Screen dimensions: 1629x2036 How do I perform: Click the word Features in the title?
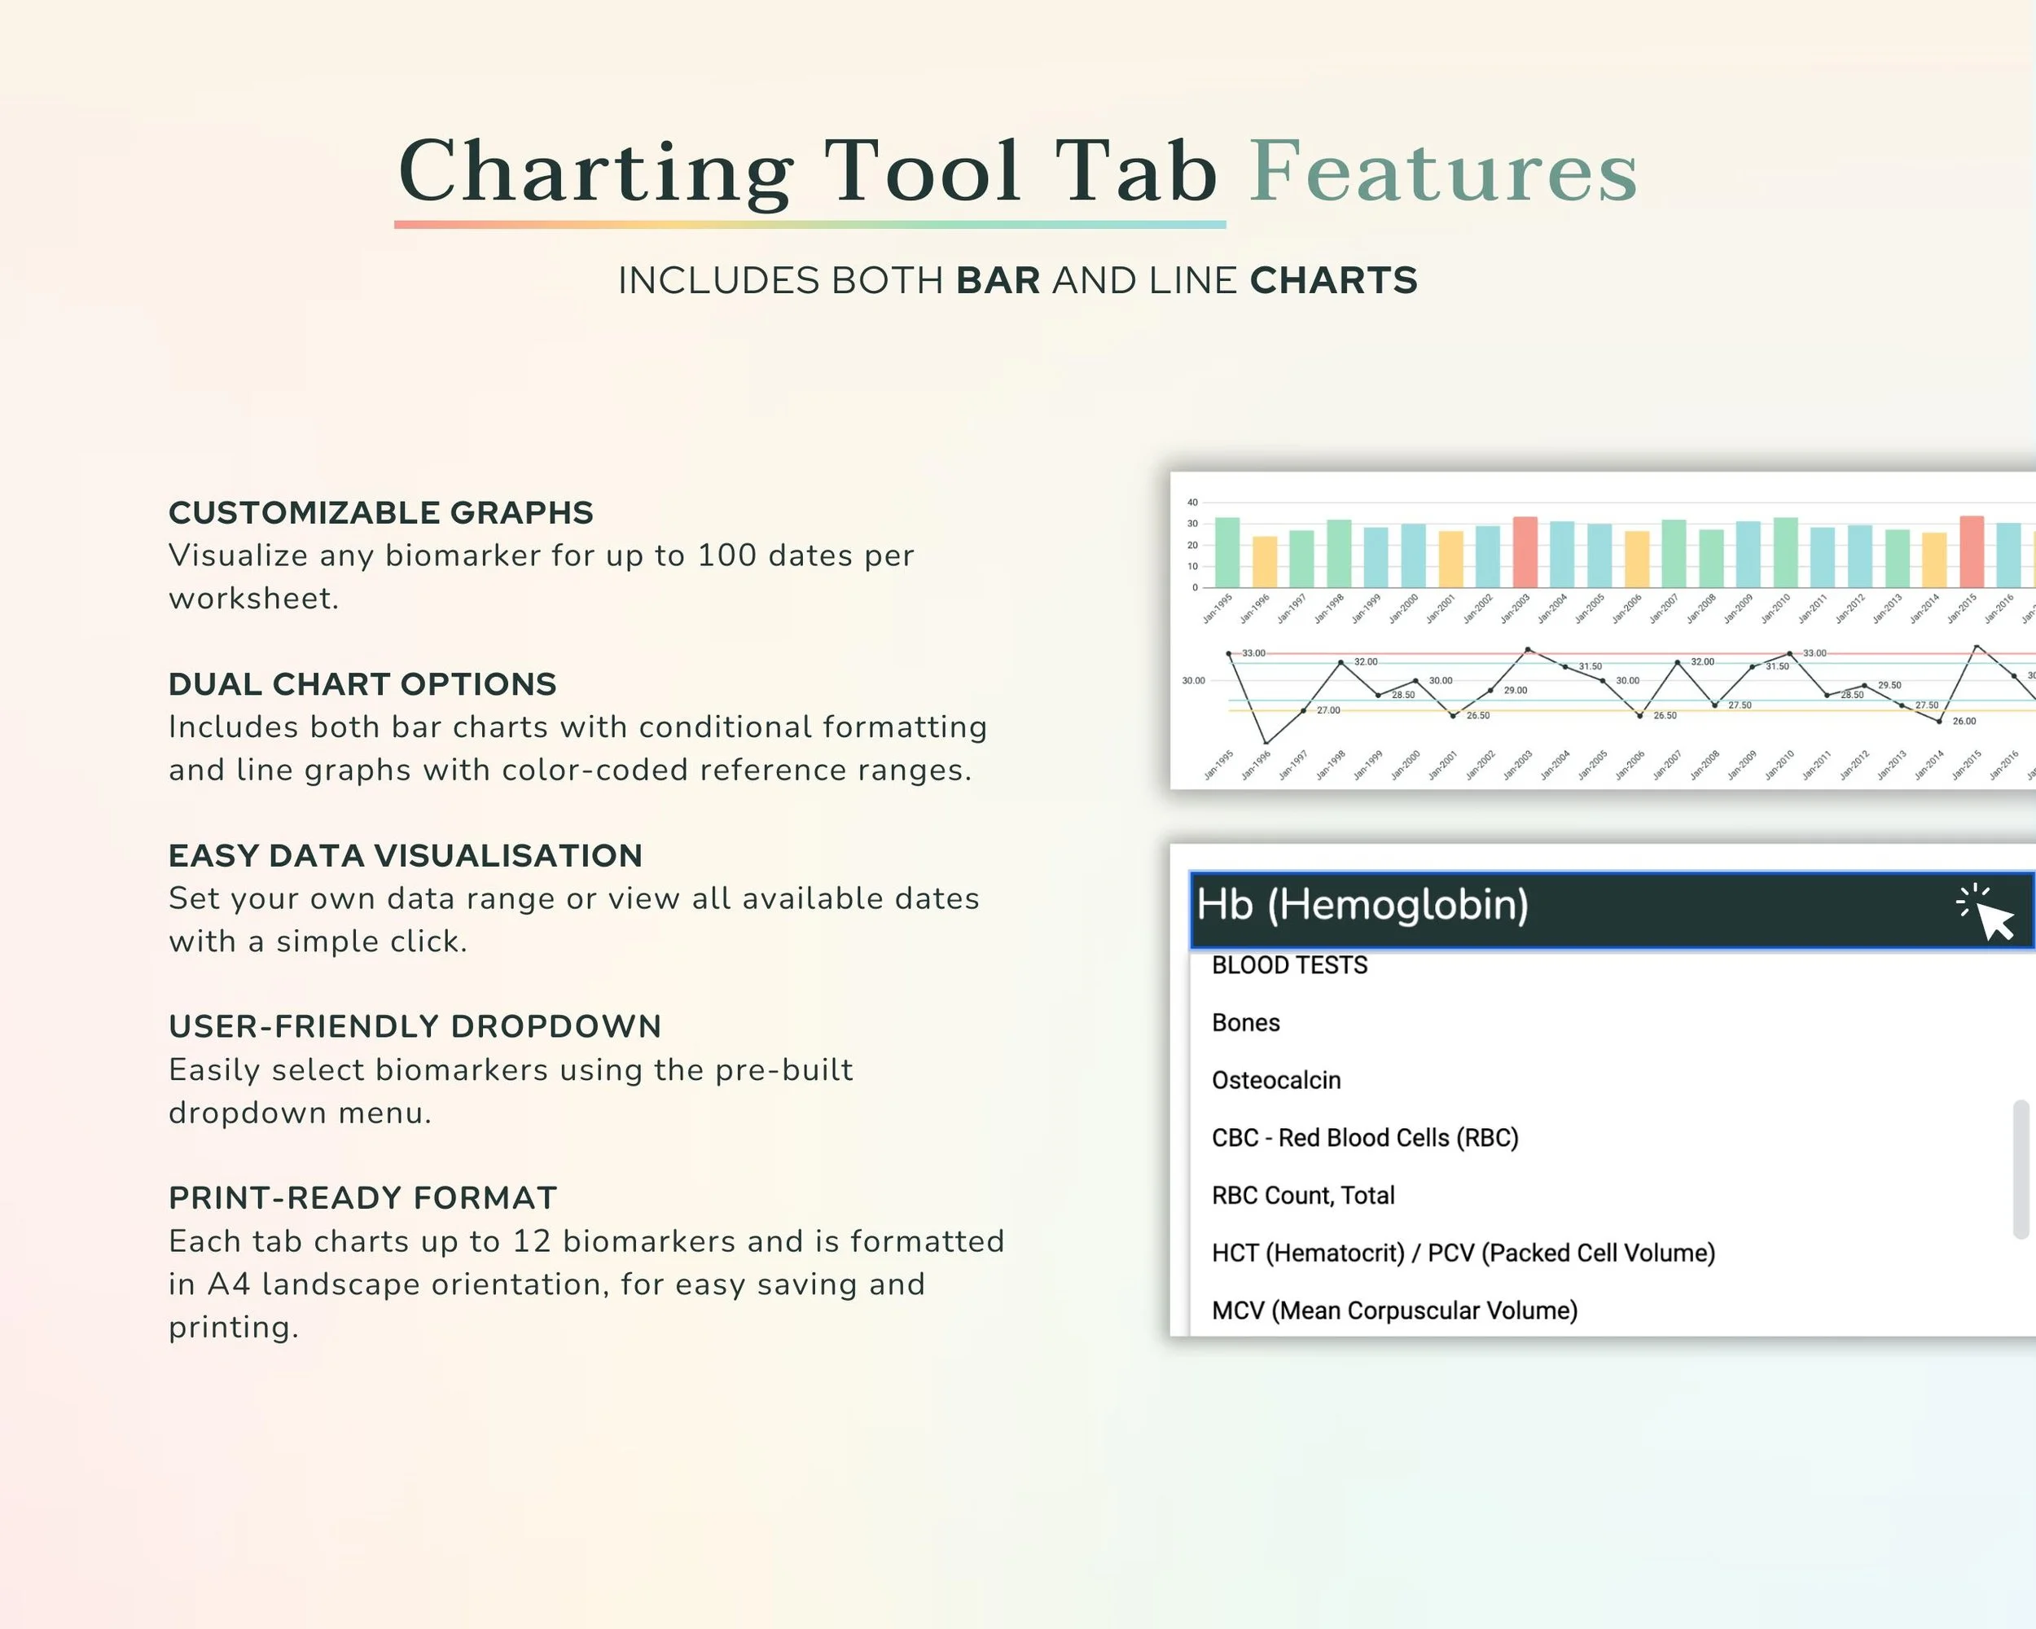pos(1444,172)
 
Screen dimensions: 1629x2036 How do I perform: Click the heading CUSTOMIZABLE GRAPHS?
pos(380,513)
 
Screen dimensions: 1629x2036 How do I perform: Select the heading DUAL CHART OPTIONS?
pos(362,683)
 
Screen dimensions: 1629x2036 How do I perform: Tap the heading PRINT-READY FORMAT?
pos(362,1197)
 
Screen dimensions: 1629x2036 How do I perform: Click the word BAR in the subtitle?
pos(998,280)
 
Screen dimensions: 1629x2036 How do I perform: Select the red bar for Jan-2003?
pos(1525,552)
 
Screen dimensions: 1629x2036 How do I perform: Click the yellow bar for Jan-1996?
pos(1265,562)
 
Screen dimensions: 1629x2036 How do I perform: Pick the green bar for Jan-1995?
pos(1226,552)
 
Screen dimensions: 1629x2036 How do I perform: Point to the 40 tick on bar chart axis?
pos(1193,503)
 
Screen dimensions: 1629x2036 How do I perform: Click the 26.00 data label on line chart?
pos(1964,722)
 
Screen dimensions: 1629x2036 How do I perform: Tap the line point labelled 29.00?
pos(1491,691)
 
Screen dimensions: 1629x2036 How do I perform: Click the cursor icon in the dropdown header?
pos(1988,912)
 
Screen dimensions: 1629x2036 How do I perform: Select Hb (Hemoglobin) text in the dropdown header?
pos(1362,906)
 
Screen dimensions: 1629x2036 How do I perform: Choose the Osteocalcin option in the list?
pos(1276,1080)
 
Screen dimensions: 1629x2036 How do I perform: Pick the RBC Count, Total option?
pos(1303,1196)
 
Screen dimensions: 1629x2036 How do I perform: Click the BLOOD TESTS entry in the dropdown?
pos(1289,965)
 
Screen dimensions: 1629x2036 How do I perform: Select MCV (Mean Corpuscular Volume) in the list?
pos(1395,1311)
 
